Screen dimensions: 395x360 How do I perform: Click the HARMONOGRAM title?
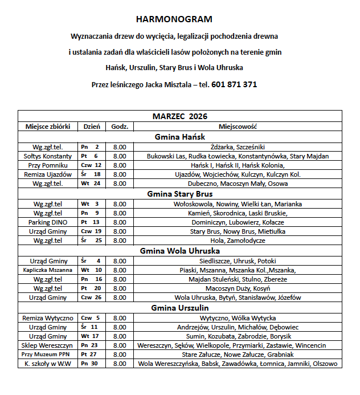tap(180, 19)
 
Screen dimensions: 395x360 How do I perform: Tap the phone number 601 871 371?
tap(234, 84)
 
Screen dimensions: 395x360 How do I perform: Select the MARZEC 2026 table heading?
tap(180, 116)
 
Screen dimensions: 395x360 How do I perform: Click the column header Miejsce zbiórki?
tap(47, 126)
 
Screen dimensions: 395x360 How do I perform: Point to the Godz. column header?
tap(120, 126)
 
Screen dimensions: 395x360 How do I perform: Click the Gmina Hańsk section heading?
tap(180, 137)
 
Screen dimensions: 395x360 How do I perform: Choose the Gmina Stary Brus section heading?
tap(180, 194)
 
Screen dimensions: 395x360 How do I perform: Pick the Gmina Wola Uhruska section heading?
tap(180, 250)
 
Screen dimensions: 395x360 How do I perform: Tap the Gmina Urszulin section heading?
tap(180, 308)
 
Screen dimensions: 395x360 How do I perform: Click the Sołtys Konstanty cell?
tap(47, 156)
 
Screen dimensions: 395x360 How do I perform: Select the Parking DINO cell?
tap(47, 222)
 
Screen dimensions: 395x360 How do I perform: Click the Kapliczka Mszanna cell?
tap(47, 270)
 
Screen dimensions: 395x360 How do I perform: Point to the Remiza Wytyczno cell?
tap(47, 317)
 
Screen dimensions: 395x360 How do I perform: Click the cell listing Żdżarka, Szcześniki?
tap(238, 146)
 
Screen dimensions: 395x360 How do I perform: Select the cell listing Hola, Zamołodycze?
tap(238, 241)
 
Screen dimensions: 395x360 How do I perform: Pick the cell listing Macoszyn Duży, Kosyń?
tap(238, 288)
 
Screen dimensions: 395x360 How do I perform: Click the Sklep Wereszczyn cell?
tap(47, 345)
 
